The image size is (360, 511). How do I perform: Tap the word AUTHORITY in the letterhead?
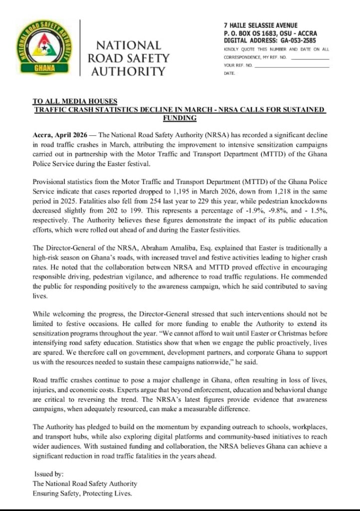tap(126, 71)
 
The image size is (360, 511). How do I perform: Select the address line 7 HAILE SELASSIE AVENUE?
tap(261, 25)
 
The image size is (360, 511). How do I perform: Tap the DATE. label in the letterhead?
tap(229, 73)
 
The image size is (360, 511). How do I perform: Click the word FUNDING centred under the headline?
tap(180, 118)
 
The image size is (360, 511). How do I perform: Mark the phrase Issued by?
tap(48, 474)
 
